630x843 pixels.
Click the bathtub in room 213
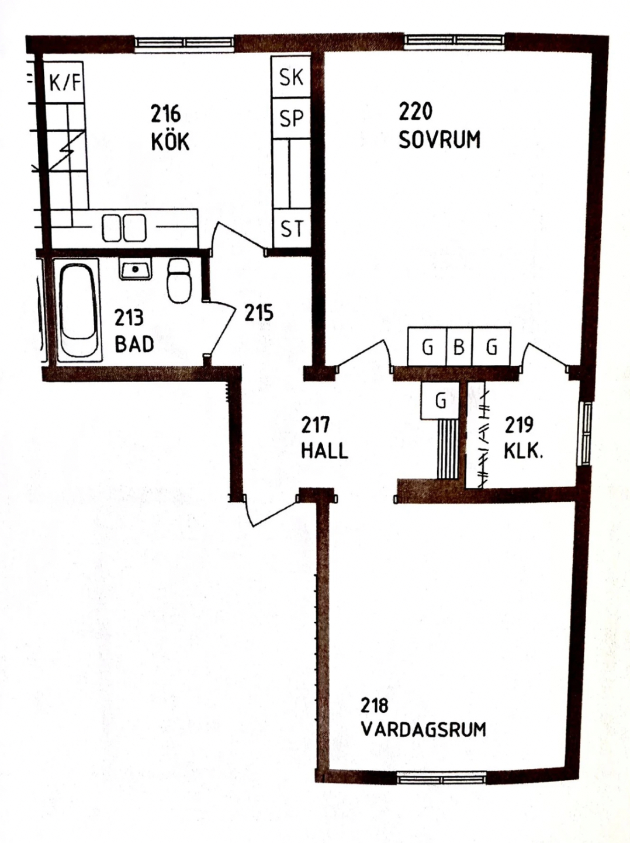79,310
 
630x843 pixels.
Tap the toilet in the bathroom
179,280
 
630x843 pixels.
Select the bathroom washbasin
135,269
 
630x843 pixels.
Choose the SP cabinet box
291,118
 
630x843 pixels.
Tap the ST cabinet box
292,229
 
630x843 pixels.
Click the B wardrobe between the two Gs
459,347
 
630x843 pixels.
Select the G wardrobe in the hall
441,400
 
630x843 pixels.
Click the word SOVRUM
439,140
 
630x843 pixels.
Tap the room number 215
259,313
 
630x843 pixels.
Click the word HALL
324,450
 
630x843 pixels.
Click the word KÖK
170,142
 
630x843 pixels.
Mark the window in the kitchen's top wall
185,44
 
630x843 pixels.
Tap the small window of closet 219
586,433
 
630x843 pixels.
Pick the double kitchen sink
124,228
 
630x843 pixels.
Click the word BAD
134,344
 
